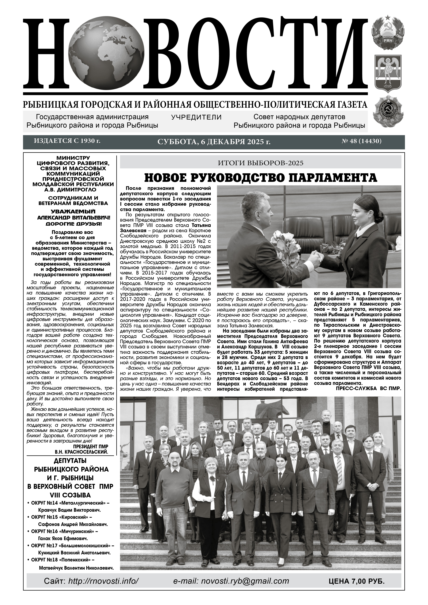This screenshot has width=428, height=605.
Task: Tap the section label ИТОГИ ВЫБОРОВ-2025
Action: [260, 163]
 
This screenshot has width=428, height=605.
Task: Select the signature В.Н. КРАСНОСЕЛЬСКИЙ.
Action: [82, 452]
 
